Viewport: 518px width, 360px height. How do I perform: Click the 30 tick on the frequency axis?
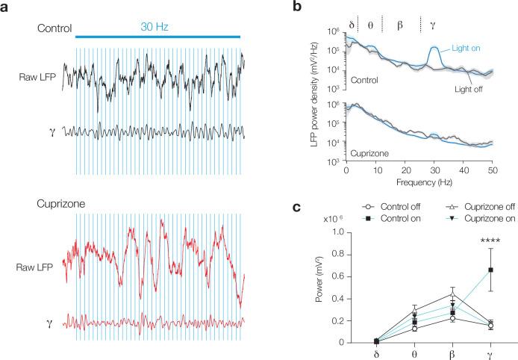pyautogui.click(x=434, y=170)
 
